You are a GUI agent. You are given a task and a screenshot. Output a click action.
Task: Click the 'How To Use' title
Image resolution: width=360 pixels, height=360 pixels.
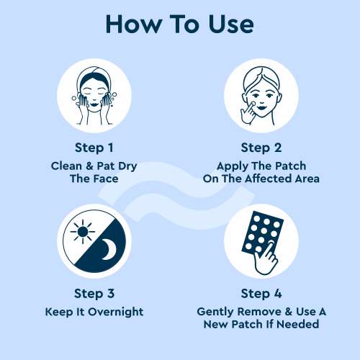tap(180, 24)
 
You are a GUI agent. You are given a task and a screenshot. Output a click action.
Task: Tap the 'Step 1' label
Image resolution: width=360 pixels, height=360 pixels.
tap(94, 148)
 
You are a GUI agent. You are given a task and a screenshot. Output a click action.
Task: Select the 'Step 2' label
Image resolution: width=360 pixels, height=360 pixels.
tap(261, 148)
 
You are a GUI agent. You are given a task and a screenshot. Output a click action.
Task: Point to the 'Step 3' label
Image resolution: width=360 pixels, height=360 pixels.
tap(94, 294)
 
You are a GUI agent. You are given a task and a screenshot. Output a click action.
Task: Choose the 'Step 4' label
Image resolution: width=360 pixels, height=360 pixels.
tap(261, 294)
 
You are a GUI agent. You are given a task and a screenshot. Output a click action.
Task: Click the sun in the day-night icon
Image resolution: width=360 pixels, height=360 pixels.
tap(83, 232)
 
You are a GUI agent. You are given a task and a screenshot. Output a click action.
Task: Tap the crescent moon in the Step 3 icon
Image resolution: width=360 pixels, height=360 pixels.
tap(109, 251)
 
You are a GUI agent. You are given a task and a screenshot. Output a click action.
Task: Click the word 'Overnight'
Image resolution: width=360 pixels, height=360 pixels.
tap(116, 312)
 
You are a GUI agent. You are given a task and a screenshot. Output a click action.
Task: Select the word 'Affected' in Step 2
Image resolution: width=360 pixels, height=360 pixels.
tap(269, 179)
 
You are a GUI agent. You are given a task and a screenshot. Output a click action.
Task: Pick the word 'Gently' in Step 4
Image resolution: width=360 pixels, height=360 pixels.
tap(215, 312)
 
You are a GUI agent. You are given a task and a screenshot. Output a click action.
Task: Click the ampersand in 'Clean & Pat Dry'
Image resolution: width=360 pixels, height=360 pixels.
tap(89, 166)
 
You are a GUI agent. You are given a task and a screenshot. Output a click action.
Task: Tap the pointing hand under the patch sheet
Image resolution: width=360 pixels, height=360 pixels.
tap(266, 259)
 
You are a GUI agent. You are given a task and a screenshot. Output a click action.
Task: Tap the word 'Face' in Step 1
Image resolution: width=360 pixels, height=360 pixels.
tap(106, 179)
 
